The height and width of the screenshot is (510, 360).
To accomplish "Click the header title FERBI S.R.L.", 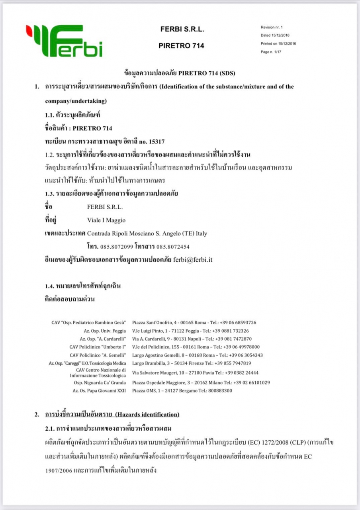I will pyautogui.click(x=182, y=29).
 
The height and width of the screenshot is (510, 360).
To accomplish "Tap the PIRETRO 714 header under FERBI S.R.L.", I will pyautogui.click(x=181, y=46).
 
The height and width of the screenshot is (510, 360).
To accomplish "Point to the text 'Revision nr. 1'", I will pyautogui.click(x=272, y=27).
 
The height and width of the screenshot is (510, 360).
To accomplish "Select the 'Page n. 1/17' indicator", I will pyautogui.click(x=271, y=52).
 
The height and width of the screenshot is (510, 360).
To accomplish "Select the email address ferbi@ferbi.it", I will pyautogui.click(x=193, y=259).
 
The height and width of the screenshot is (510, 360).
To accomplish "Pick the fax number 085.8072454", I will pyautogui.click(x=173, y=247).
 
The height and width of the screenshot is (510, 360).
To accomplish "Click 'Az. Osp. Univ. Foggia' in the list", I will pyautogui.click(x=103, y=331).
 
